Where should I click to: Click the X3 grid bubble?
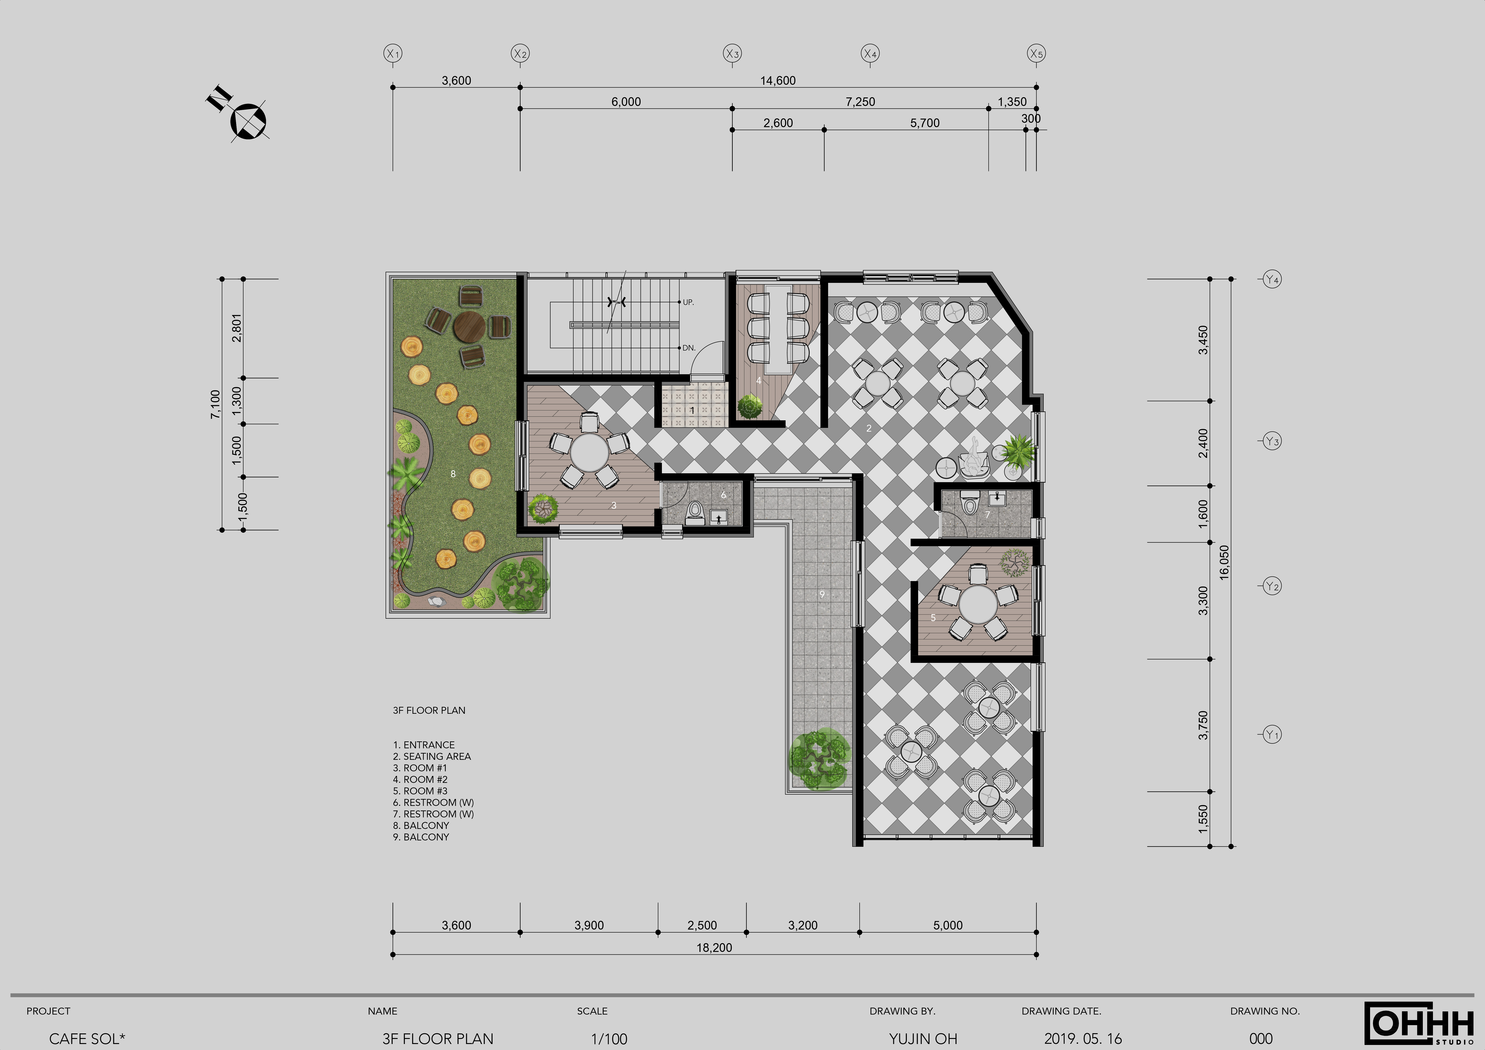(732, 54)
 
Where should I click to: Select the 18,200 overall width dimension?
(714, 948)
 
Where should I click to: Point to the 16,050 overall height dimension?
(1224, 562)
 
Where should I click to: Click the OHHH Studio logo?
(1420, 1024)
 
